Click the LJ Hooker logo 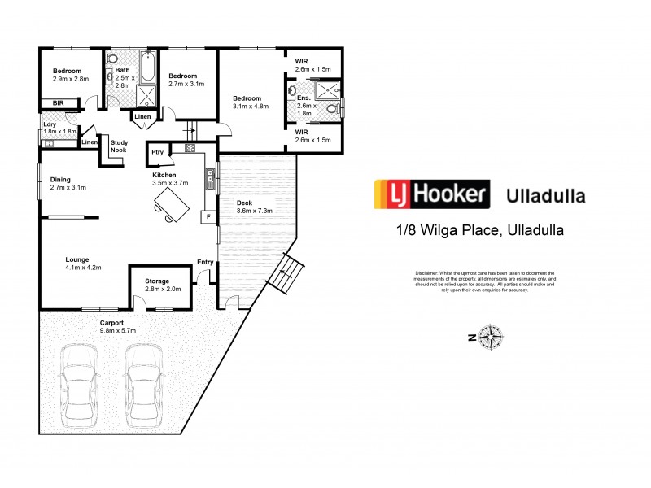click(431, 195)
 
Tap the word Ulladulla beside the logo click(545, 196)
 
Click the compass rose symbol click(491, 335)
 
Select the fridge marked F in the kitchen click(208, 217)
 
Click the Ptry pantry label click(157, 151)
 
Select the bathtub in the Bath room click(146, 68)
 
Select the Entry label click(205, 262)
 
